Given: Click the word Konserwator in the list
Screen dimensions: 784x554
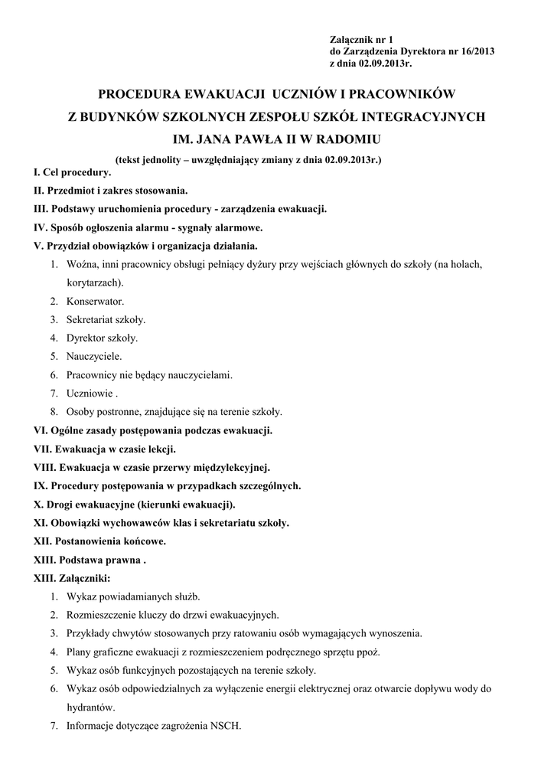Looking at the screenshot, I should click(94, 301).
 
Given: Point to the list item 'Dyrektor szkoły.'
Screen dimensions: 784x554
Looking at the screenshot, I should click(102, 338).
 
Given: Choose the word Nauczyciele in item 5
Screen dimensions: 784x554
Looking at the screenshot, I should click(93, 356).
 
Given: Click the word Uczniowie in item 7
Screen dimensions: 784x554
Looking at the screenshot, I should click(89, 394).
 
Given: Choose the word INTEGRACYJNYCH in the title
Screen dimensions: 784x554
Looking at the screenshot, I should click(417, 117).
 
